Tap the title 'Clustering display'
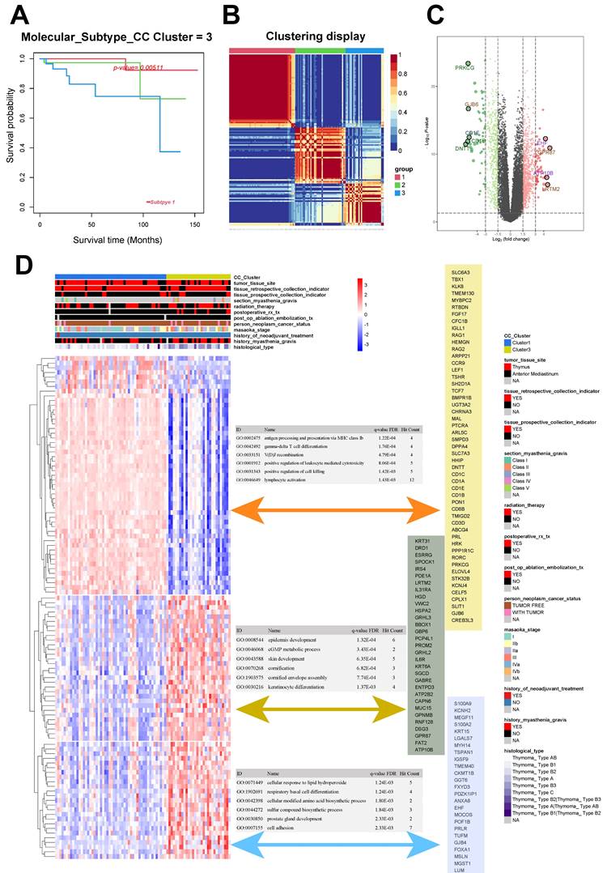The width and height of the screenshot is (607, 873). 305,36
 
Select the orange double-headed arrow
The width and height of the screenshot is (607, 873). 336,510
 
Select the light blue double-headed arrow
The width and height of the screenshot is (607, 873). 336,845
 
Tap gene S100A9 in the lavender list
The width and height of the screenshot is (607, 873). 464,704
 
